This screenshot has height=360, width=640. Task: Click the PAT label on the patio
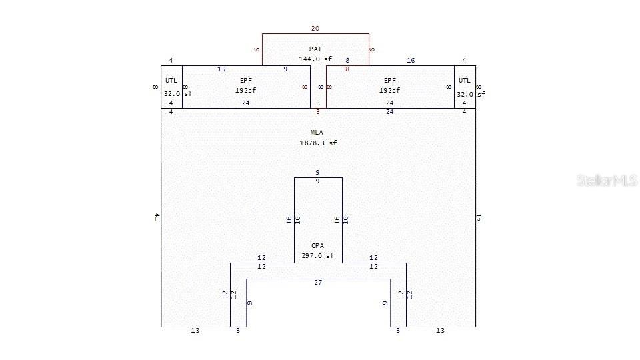pos(315,49)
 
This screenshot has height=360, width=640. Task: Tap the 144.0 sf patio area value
pos(315,59)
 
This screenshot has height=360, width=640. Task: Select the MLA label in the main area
pos(317,132)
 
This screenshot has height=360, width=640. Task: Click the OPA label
pos(317,245)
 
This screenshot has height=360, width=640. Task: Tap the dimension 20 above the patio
pos(315,29)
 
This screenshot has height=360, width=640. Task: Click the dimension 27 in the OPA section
pos(318,283)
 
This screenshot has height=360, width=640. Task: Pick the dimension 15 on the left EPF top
pos(221,69)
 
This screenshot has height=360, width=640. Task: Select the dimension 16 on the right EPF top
pos(411,61)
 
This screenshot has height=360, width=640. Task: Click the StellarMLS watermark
pos(607,181)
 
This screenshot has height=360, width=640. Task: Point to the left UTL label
pos(171,80)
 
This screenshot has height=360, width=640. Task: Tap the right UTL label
pos(464,80)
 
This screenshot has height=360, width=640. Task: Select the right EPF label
pos(391,80)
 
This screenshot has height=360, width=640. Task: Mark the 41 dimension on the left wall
pos(157,217)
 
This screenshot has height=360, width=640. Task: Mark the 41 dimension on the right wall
pos(479,217)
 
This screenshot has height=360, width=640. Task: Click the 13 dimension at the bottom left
pos(195,331)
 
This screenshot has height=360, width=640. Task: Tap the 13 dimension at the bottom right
pos(440,331)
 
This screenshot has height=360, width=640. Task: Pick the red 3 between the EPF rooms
pos(318,112)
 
